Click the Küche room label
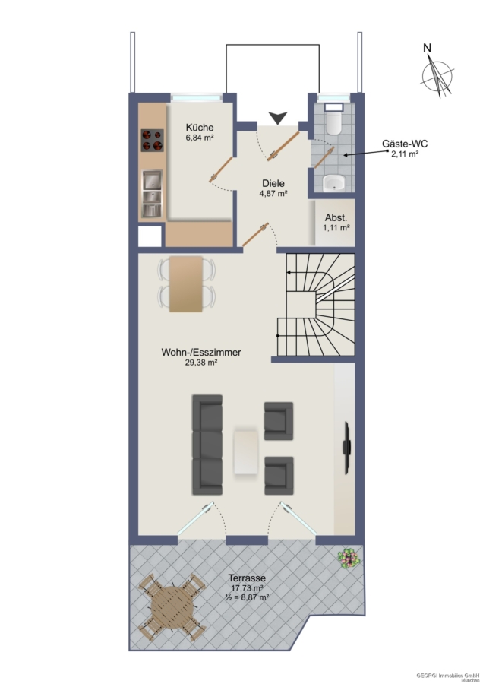point(200,128)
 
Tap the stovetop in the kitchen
point(152,141)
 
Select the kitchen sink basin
point(152,193)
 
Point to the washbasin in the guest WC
point(334,182)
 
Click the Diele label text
point(273,184)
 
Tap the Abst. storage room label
point(336,218)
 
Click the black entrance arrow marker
point(278,118)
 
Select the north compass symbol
point(437,72)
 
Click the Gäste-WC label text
point(405,144)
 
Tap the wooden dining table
point(186,284)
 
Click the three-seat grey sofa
point(207,445)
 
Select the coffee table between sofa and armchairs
point(246,452)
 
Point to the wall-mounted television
point(346,448)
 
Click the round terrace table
point(172,606)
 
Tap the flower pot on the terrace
point(349,559)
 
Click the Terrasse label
point(247,578)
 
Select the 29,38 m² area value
point(201,363)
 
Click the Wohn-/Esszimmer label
point(201,352)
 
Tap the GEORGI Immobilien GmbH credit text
point(448,676)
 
